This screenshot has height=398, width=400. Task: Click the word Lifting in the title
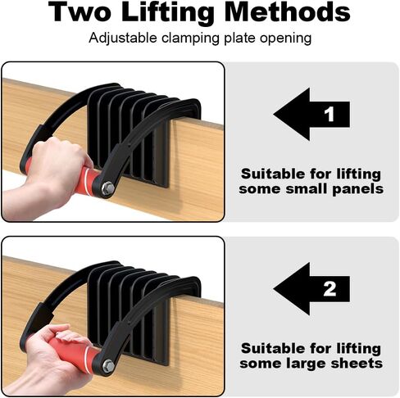176,12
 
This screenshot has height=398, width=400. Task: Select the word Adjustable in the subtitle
120,38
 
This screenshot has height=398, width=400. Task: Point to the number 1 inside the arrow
330,115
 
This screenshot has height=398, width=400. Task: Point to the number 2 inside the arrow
330,289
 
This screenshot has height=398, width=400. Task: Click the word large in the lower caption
325,363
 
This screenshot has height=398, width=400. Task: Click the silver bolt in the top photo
107,188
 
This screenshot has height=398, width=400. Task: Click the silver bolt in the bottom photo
107,362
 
